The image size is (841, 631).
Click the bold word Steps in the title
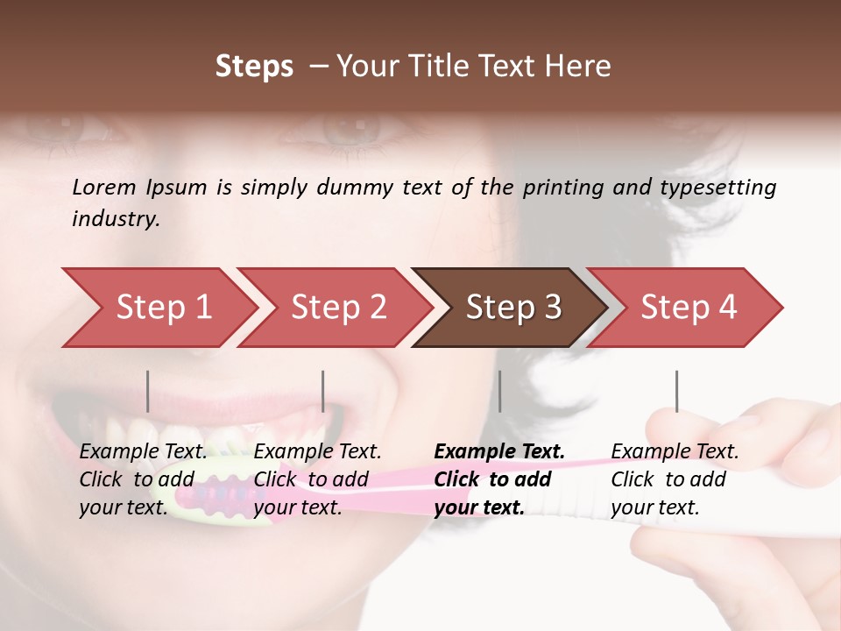pos(254,67)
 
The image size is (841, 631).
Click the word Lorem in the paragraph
pos(103,187)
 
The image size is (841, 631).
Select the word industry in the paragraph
pos(114,218)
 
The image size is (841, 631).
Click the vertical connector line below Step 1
pos(148,391)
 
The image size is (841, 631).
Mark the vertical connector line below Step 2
pos(323,391)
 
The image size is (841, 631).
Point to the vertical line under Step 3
pos(500,391)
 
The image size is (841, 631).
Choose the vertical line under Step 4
pos(676,391)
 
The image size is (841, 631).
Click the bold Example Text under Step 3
pos(499,452)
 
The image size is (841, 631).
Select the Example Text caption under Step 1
pos(143,452)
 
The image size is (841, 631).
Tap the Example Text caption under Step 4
pos(675,452)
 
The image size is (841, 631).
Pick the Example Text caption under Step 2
pos(317,452)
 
